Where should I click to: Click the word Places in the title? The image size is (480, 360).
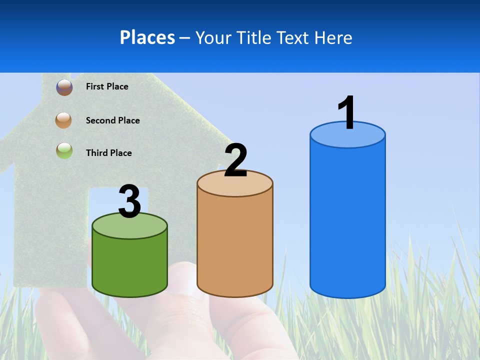pyautogui.click(x=147, y=37)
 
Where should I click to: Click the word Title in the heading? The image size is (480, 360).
pyautogui.click(x=254, y=37)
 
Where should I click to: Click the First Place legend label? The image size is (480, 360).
pyautogui.click(x=107, y=86)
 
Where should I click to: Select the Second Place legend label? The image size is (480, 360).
pyautogui.click(x=112, y=120)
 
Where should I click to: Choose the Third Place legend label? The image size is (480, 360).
pyautogui.click(x=108, y=153)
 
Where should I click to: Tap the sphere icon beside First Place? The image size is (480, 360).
pyautogui.click(x=64, y=87)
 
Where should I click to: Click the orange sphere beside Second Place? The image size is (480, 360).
pyautogui.click(x=64, y=120)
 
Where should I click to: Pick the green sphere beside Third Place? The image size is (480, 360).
pyautogui.click(x=64, y=150)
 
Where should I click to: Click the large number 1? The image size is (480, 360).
pyautogui.click(x=346, y=112)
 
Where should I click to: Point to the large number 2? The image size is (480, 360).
pyautogui.click(x=235, y=160)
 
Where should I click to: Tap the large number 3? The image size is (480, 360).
pyautogui.click(x=129, y=202)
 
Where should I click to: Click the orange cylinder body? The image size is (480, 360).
pyautogui.click(x=235, y=245)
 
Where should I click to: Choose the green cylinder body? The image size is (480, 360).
pyautogui.click(x=129, y=265)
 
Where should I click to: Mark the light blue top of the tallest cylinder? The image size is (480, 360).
pyautogui.click(x=347, y=137)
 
